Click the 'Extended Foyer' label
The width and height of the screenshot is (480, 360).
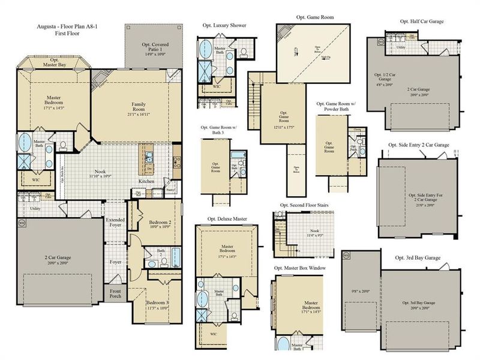point(116,224)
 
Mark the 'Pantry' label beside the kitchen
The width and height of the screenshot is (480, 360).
point(170,190)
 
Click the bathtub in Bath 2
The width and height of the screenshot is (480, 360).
point(175,257)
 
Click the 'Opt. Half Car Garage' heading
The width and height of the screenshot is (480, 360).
point(422,22)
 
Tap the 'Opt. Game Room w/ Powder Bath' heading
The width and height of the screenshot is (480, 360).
point(341,106)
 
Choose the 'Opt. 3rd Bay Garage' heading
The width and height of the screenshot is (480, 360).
point(418,257)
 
